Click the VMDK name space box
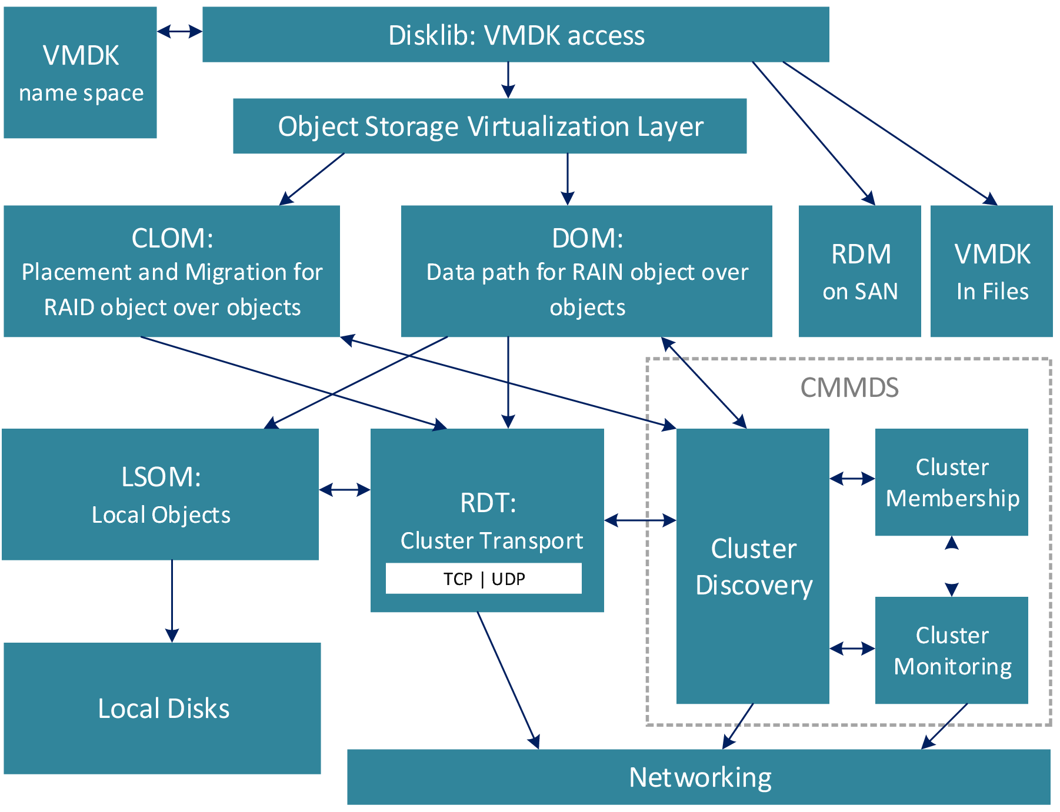pyautogui.click(x=80, y=73)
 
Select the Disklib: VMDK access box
pyautogui.click(x=515, y=35)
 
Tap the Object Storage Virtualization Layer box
pyautogui.click(x=489, y=126)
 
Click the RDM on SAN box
pyautogui.click(x=859, y=271)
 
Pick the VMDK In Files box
pyautogui.click(x=991, y=271)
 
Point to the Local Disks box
pyautogui.click(x=162, y=708)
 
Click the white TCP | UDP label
pyautogui.click(x=484, y=579)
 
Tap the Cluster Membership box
pyautogui.click(x=951, y=482)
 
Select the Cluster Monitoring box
pyautogui.click(x=951, y=650)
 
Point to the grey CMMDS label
pyautogui.click(x=849, y=388)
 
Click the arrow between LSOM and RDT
pyautogui.click(x=345, y=489)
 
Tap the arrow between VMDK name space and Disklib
pyautogui.click(x=179, y=32)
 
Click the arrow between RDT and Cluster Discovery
pyautogui.click(x=640, y=520)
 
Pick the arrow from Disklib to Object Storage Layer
pyautogui.click(x=508, y=80)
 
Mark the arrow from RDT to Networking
pyautogui.click(x=508, y=680)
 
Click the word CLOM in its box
pyautogui.click(x=172, y=238)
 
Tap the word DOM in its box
pyautogui.click(x=586, y=238)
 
